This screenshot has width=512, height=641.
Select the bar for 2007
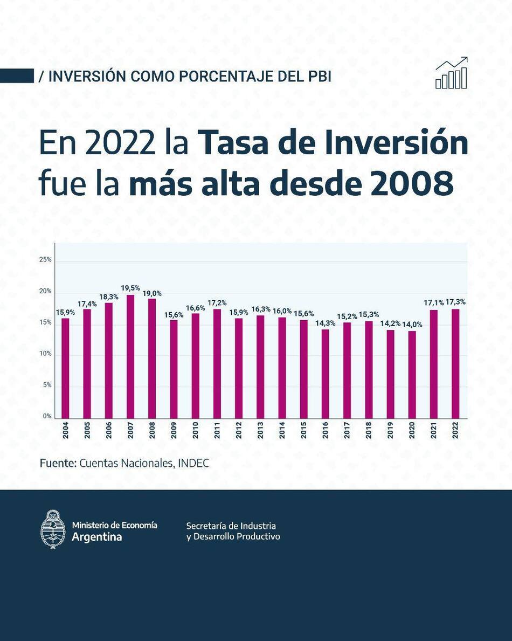pyautogui.click(x=130, y=356)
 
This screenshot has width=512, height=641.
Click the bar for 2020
pyautogui.click(x=412, y=374)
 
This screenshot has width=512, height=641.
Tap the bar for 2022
pyautogui.click(x=455, y=363)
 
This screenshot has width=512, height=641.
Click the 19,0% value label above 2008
pyautogui.click(x=152, y=294)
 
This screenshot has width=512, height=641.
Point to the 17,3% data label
pyautogui.click(x=455, y=302)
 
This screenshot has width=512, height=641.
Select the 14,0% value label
pyautogui.click(x=412, y=325)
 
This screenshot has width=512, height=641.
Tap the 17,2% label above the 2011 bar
pyautogui.click(x=217, y=303)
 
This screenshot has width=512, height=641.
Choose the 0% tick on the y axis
pyautogui.click(x=47, y=417)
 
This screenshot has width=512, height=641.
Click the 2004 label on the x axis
pyautogui.click(x=66, y=431)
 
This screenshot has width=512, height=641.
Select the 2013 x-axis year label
pyautogui.click(x=260, y=431)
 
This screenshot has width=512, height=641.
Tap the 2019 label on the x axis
pyautogui.click(x=390, y=431)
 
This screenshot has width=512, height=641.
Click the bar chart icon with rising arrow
pyautogui.click(x=452, y=73)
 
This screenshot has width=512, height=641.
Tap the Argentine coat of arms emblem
pyautogui.click(x=53, y=529)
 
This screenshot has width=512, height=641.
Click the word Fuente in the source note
pyautogui.click(x=58, y=463)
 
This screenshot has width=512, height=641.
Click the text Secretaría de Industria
pyautogui.click(x=231, y=526)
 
